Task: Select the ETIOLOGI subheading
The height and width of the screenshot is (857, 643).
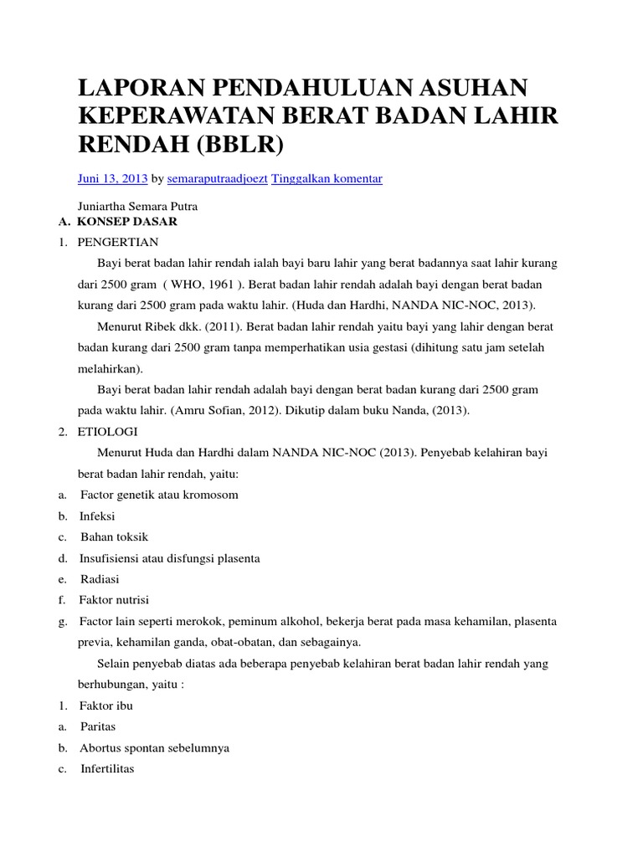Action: point(111,432)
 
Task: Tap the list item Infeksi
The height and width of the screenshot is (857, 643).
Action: point(98,516)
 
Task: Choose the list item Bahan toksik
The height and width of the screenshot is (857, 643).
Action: point(114,536)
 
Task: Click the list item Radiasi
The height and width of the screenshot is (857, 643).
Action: point(100,579)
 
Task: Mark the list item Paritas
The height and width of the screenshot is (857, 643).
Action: point(98,727)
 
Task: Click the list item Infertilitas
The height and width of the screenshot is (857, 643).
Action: point(107,769)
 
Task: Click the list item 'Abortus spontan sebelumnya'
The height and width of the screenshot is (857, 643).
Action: point(154,748)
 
